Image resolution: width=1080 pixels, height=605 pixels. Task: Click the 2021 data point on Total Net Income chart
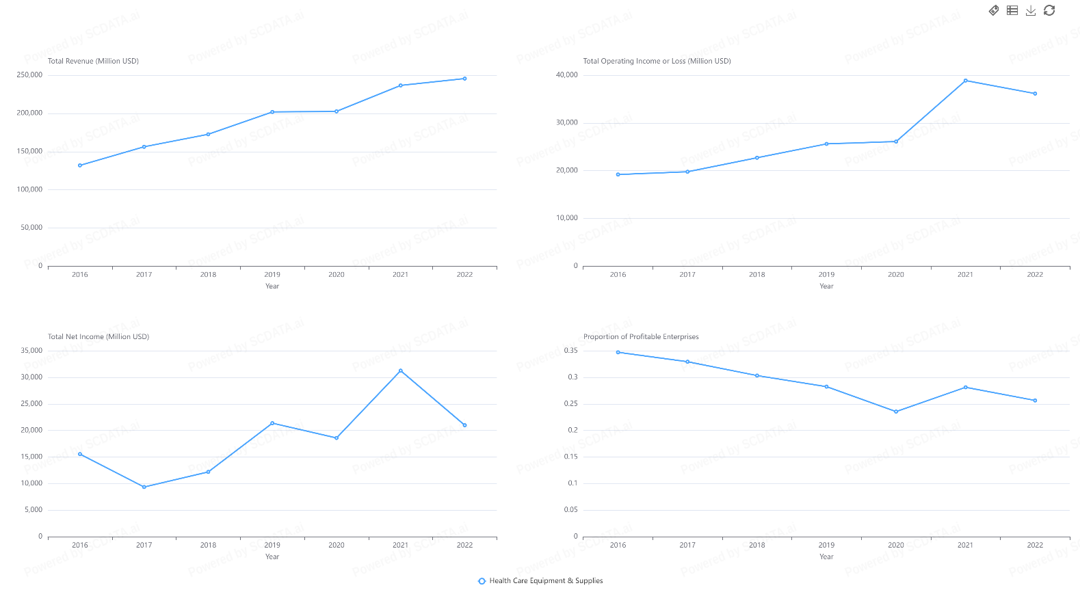pos(401,371)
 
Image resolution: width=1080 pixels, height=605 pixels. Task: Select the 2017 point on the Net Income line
pos(144,487)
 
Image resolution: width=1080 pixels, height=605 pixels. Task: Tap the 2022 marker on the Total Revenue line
pos(465,79)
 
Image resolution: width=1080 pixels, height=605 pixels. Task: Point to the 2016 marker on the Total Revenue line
pos(80,165)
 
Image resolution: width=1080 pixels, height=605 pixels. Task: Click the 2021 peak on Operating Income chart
pos(966,81)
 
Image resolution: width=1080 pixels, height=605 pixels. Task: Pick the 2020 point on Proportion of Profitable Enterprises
pos(896,412)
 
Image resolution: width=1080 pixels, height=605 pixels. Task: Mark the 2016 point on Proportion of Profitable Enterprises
pos(618,352)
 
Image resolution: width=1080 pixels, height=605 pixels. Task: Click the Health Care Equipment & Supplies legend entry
pos(540,581)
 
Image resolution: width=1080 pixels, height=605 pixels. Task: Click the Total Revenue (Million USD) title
pos(93,61)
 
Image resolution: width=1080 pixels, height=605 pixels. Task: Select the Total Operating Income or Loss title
pos(657,61)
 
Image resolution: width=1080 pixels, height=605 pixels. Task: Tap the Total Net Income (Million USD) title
pos(98,336)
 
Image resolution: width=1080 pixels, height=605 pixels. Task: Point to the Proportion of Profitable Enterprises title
pos(641,336)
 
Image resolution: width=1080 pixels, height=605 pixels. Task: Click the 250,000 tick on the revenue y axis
pos(29,75)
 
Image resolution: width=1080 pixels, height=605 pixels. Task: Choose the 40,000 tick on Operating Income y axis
pos(566,75)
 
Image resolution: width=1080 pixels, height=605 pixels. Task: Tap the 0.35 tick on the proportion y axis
pos(570,351)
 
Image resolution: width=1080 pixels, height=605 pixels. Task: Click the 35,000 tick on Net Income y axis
pos(31,351)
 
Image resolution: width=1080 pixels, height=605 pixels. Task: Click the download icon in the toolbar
pos(1031,10)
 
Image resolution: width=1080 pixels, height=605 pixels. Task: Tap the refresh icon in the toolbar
pos(1049,10)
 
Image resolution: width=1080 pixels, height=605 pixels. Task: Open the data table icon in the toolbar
pos(1012,10)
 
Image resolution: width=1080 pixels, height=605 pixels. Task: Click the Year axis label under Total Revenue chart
pos(272,286)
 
